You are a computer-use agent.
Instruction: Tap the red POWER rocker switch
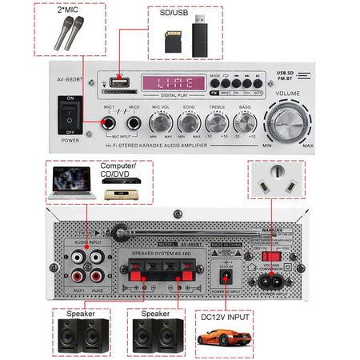pyautogui.click(x=71, y=113)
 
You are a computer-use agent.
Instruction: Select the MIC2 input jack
pyautogui.click(x=134, y=122)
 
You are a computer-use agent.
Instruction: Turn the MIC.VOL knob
pyautogui.click(x=161, y=122)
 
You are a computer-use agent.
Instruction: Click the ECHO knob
pyautogui.click(x=188, y=122)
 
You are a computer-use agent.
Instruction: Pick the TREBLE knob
pyautogui.click(x=216, y=122)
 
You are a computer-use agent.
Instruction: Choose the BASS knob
pyautogui.click(x=243, y=122)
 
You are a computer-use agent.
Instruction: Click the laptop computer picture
pyautogui.click(x=70, y=185)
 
